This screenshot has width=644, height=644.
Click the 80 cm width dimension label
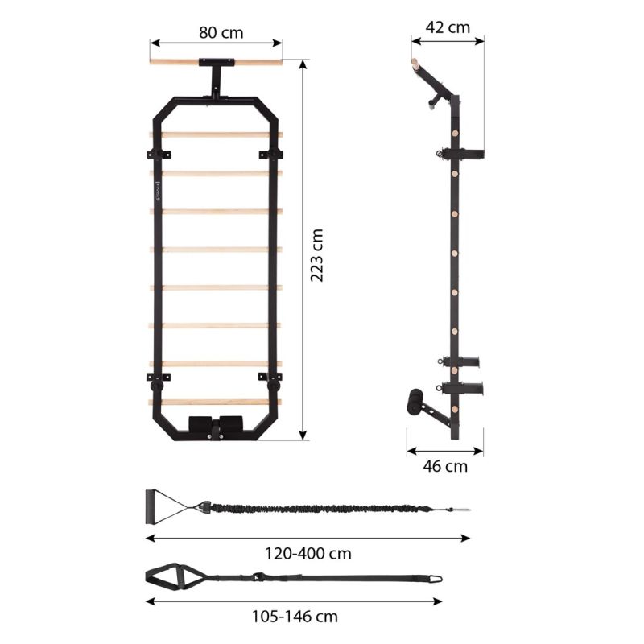coord(216,33)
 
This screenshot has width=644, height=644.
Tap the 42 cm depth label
coord(448,27)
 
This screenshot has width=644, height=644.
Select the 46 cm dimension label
coord(445,466)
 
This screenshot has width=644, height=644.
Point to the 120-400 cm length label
coord(309,554)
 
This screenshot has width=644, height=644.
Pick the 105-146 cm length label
coord(294,617)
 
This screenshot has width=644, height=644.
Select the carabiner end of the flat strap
coord(434,577)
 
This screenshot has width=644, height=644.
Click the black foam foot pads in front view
coord(215,424)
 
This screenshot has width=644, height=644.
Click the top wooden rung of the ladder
coord(216,134)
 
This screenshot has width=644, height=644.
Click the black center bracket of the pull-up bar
coord(216,62)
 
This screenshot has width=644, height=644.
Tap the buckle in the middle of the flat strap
coord(258,577)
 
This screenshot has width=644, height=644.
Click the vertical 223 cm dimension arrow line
coord(303,250)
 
